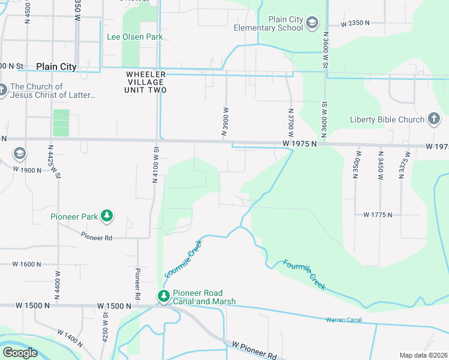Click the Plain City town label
[x=56, y=67]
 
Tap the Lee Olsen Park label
[x=135, y=37]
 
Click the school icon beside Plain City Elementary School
[x=312, y=23]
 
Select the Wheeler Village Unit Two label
[x=146, y=82]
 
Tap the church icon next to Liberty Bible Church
[x=435, y=119]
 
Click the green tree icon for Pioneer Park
[x=107, y=215]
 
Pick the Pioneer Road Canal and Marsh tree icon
[x=163, y=296]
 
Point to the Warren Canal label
[x=344, y=320]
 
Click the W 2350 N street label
[x=355, y=24]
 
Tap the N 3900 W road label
[x=226, y=122]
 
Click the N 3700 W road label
[x=291, y=122]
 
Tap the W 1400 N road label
[x=70, y=339]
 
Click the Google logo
[x=20, y=353]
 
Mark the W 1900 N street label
[x=27, y=170]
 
